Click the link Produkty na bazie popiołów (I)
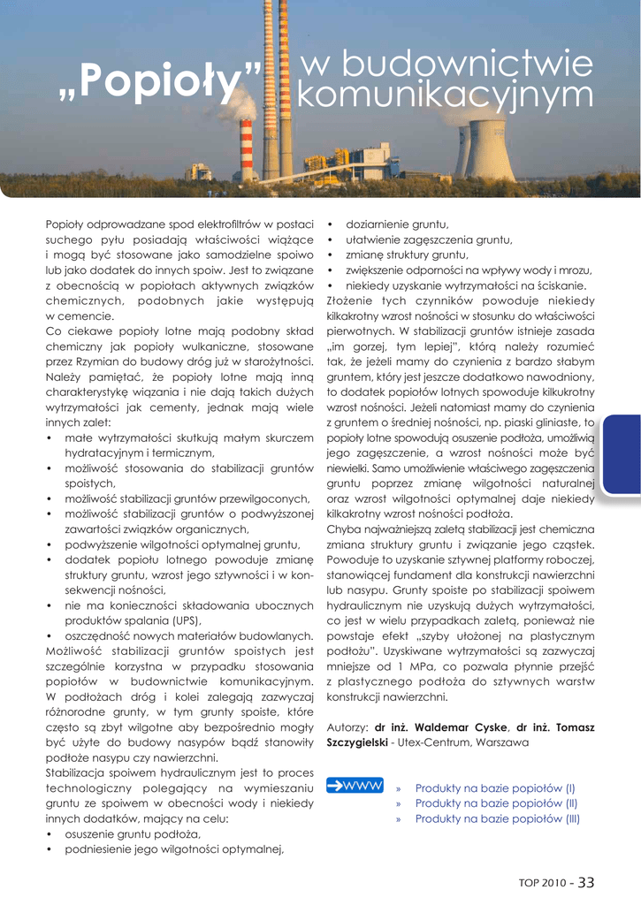point(495,787)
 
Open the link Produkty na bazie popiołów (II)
point(497,803)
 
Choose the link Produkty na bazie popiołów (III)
point(498,819)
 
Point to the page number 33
point(586,881)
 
